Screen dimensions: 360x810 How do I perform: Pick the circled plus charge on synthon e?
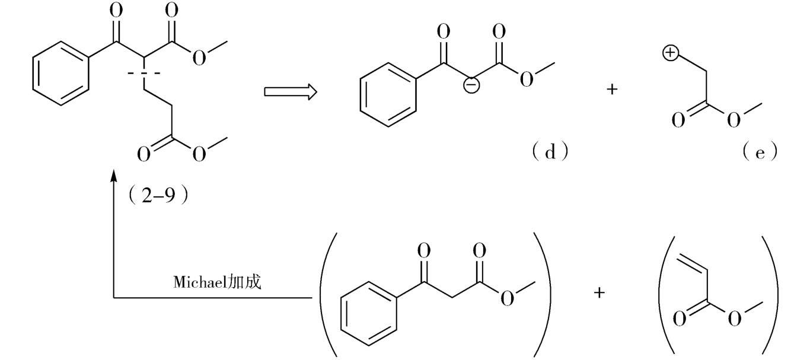pyautogui.click(x=669, y=54)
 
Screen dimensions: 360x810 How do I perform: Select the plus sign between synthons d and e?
pyautogui.click(x=612, y=90)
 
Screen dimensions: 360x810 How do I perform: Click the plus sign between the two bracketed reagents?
pyautogui.click(x=599, y=293)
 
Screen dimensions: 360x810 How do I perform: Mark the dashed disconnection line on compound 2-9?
pyautogui.click(x=144, y=74)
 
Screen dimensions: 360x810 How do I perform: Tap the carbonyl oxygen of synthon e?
pyautogui.click(x=677, y=120)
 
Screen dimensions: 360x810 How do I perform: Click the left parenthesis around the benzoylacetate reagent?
pyautogui.click(x=327, y=293)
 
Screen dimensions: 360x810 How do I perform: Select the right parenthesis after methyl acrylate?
pyautogui.click(x=771, y=293)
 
